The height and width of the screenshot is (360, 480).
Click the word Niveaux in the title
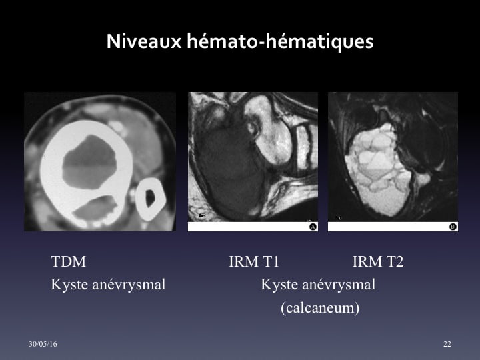144,41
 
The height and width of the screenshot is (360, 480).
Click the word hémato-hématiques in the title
280,41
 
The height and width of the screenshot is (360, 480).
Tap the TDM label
68,261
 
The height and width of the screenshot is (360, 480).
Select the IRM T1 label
254,261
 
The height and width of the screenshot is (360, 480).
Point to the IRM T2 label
378,261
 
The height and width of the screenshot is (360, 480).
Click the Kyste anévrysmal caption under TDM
108,284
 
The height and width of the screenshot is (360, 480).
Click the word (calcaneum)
320,307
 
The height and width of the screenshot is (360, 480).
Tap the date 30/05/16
43,344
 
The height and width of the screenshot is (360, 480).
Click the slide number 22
447,344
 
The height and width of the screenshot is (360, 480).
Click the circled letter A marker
313,227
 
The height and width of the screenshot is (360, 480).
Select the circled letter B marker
453,227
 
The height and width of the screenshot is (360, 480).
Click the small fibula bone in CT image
150,199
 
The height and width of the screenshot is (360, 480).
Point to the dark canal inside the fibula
150,198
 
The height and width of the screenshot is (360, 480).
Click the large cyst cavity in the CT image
89,161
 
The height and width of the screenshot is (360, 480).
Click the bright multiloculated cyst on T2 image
379,170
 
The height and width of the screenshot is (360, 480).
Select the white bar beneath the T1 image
253,227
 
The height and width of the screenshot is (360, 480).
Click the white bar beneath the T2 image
393,227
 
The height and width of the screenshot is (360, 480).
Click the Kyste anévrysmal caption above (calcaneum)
318,284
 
